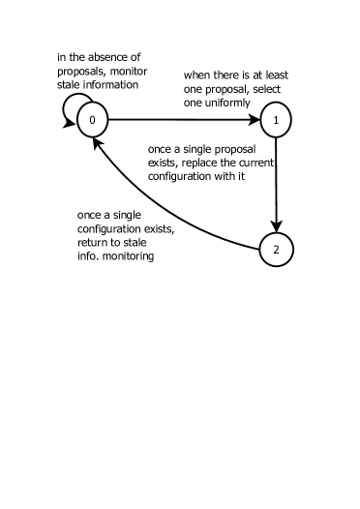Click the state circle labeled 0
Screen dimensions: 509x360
91,120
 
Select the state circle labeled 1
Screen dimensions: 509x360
277,120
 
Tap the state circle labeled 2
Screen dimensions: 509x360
277,250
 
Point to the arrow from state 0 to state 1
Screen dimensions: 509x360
184,120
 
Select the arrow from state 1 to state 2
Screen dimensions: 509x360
277,184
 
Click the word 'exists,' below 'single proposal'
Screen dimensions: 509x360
164,162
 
